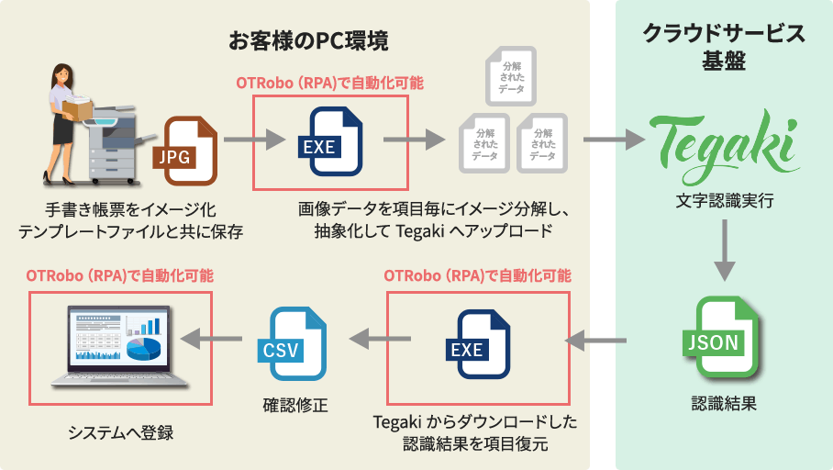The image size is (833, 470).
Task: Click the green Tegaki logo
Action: [x=725, y=140]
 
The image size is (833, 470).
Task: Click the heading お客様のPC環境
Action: [x=308, y=41]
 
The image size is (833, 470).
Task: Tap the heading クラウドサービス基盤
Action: [x=724, y=48]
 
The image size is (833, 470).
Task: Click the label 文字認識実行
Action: [x=724, y=199]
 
